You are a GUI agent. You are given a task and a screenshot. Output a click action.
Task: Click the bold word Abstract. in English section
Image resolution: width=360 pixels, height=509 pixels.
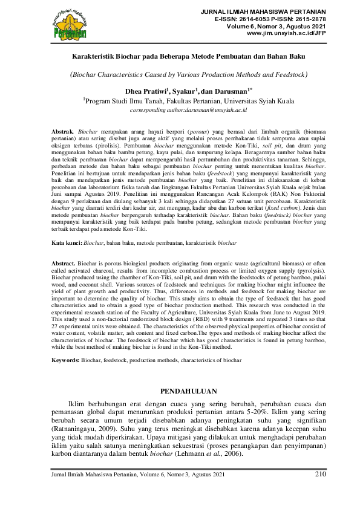(x=63, y=282)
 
